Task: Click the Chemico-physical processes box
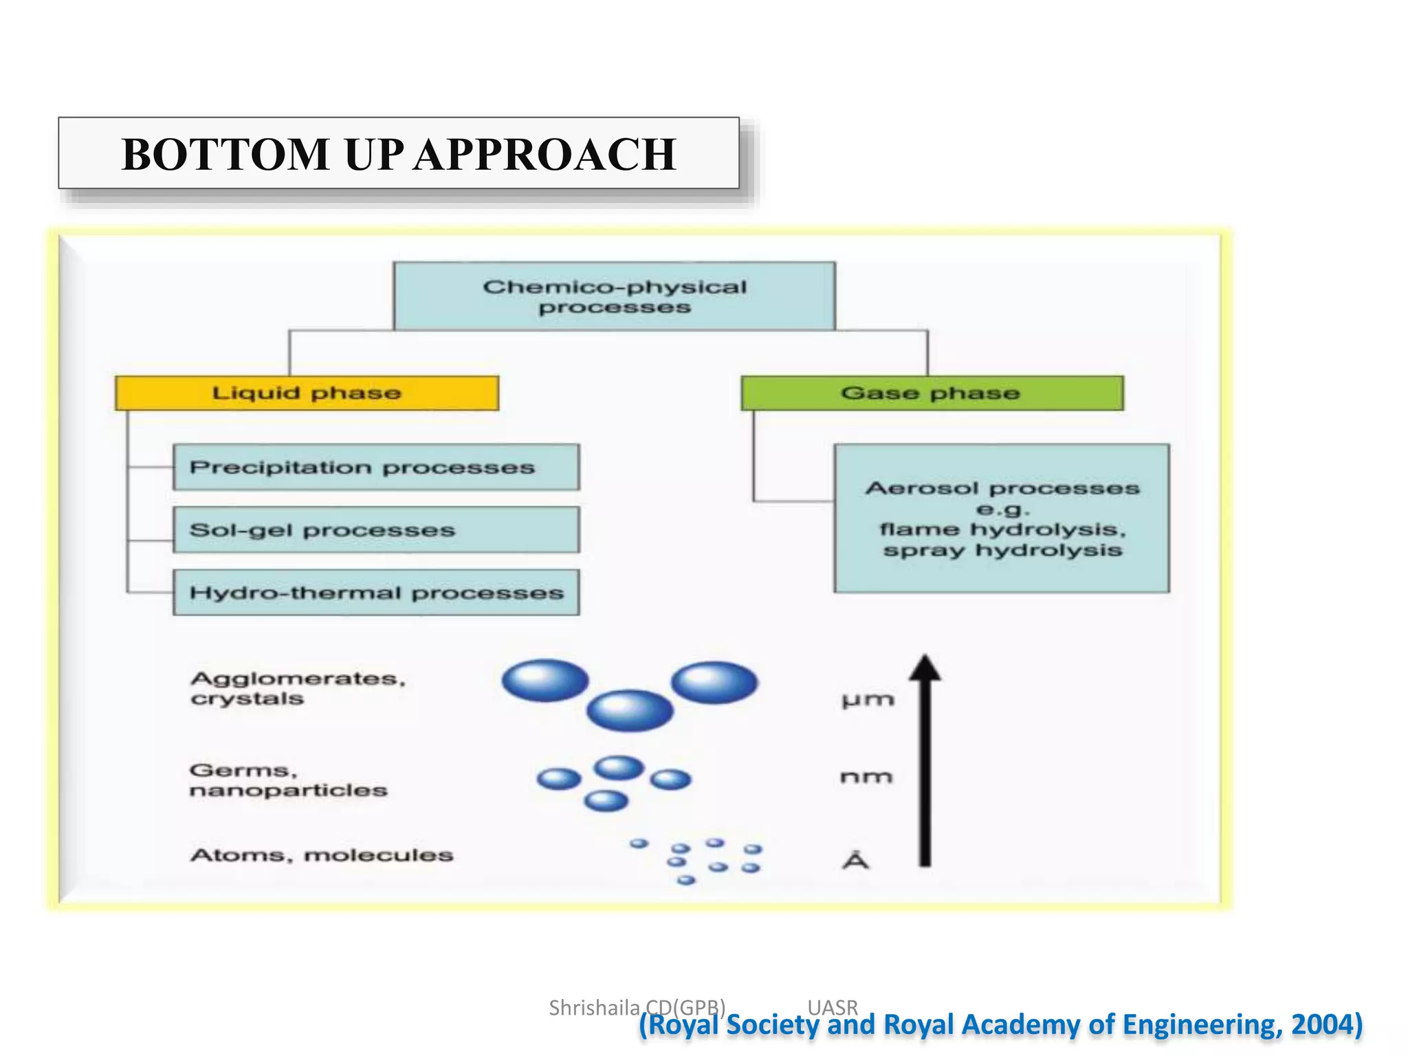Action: (x=614, y=296)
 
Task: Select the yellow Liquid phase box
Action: (x=307, y=393)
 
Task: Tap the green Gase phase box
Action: (x=932, y=393)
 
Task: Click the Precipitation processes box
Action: (x=375, y=467)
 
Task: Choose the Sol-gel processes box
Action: (x=375, y=530)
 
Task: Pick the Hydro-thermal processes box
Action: (x=375, y=593)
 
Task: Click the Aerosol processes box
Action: (x=1002, y=518)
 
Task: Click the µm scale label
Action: (x=868, y=701)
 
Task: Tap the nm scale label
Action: (x=866, y=777)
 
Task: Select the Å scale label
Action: (x=856, y=860)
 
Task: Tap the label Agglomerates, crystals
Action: (x=297, y=688)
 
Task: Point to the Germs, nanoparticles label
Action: (x=287, y=780)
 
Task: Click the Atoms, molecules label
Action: (x=322, y=855)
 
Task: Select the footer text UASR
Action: (x=833, y=1008)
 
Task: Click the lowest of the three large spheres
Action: (x=629, y=710)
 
